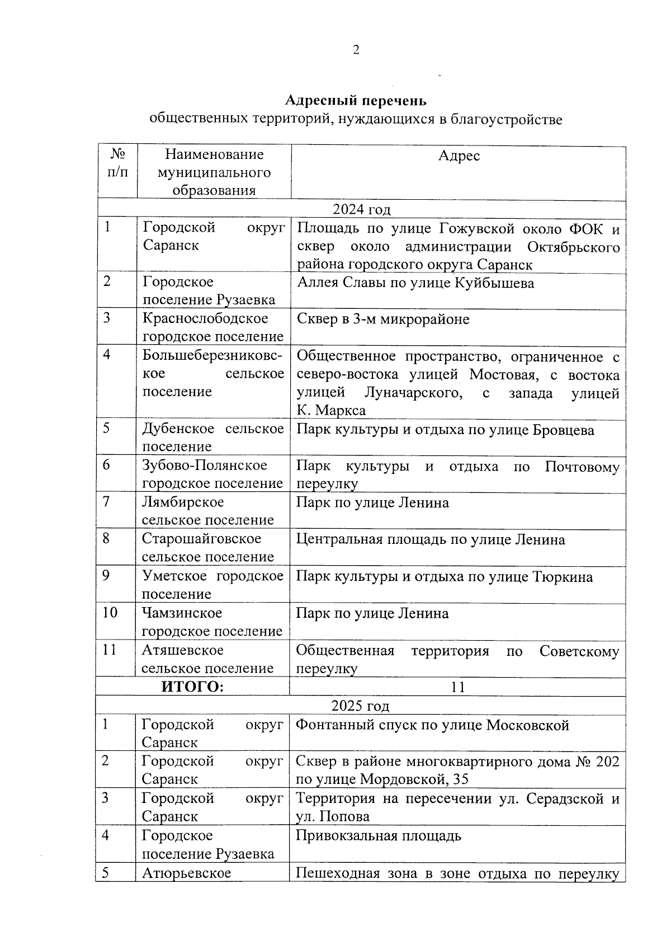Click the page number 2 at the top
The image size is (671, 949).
pyautogui.click(x=356, y=50)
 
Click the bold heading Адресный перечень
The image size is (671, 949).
pyautogui.click(x=356, y=101)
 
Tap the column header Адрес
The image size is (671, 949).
pyautogui.click(x=459, y=156)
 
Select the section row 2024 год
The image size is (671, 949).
pyautogui.click(x=361, y=210)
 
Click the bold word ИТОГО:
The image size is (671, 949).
pyautogui.click(x=192, y=687)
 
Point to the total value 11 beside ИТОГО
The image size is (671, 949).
pyautogui.click(x=458, y=687)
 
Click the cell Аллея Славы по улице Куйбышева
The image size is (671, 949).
pyautogui.click(x=415, y=283)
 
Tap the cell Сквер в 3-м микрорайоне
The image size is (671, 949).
pyautogui.click(x=383, y=320)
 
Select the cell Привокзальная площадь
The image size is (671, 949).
pyautogui.click(x=379, y=836)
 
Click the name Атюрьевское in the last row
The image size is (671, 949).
pyautogui.click(x=186, y=873)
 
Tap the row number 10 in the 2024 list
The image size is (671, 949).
pyautogui.click(x=110, y=613)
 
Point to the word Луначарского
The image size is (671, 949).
pyautogui.click(x=413, y=393)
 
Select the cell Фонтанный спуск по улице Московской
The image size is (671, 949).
pyautogui.click(x=432, y=726)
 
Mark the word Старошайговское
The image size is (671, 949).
pyautogui.click(x=201, y=539)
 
